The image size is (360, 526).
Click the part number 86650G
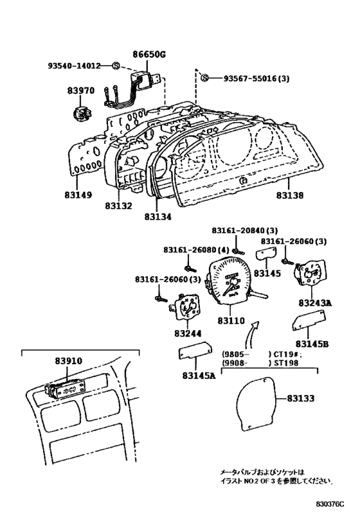click(148, 54)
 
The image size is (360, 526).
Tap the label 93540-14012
click(74, 66)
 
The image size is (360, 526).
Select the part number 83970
click(81, 91)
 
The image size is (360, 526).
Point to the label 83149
click(78, 195)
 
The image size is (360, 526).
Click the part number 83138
click(290, 195)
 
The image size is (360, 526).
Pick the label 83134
click(158, 217)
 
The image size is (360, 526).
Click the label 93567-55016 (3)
click(256, 78)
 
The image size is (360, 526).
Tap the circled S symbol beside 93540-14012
click(116, 66)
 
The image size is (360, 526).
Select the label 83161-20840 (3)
click(245, 231)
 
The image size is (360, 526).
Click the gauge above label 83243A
click(310, 273)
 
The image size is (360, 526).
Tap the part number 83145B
click(312, 344)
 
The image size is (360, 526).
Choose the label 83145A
click(199, 376)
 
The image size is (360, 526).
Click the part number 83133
click(301, 398)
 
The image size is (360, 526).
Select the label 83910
click(69, 360)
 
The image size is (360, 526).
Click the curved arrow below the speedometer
click(251, 335)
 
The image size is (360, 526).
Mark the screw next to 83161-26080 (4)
click(190, 268)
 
